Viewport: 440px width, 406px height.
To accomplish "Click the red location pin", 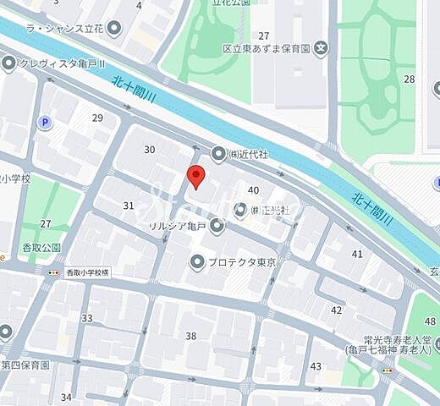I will pos(195,176).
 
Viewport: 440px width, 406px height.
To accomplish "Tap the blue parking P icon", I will pos(44,123).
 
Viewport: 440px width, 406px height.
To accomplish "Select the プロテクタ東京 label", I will pos(245,262).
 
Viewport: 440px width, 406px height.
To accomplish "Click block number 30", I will pos(150,150).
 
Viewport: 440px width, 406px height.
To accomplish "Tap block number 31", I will pos(129,206).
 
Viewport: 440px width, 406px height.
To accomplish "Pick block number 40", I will pos(253,190).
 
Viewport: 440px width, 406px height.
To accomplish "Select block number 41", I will pos(357,253).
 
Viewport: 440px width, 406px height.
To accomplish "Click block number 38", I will pos(191,336).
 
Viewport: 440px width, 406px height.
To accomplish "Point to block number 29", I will pos(97,118).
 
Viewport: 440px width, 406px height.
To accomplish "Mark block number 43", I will pos(316,365).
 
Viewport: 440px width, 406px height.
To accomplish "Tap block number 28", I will pos(410,79).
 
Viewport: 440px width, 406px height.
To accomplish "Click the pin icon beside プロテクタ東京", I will pos(197,262).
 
